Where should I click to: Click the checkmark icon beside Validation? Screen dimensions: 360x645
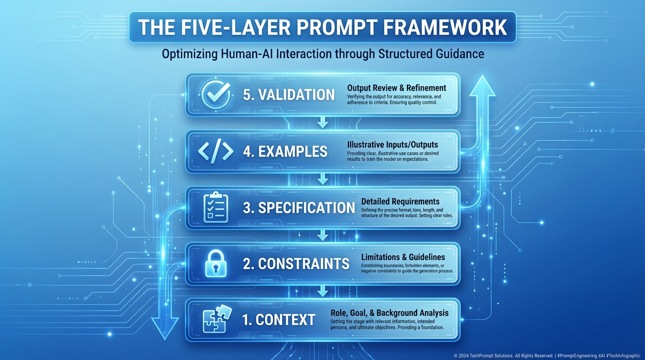(215, 94)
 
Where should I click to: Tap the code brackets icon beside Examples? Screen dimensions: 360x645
(216, 151)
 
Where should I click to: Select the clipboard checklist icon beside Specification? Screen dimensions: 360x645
(216, 207)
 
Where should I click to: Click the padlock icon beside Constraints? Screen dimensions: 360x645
(216, 263)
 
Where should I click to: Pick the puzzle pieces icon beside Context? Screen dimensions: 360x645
(216, 319)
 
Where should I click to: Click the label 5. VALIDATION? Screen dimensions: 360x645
(289, 94)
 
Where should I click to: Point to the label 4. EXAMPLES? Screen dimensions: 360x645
(285, 151)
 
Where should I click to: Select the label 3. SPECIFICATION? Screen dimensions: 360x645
(299, 208)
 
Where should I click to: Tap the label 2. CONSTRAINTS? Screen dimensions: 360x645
(296, 263)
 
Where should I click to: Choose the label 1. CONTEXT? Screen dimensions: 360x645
(278, 320)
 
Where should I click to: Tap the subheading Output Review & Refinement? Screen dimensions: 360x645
(397, 88)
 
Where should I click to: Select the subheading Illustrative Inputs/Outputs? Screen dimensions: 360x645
(392, 144)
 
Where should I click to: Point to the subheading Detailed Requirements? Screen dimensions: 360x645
(400, 201)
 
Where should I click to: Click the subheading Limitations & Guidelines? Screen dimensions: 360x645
(403, 257)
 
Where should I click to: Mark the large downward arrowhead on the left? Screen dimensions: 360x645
(165, 327)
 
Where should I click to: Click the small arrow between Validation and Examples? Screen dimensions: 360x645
(322, 123)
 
